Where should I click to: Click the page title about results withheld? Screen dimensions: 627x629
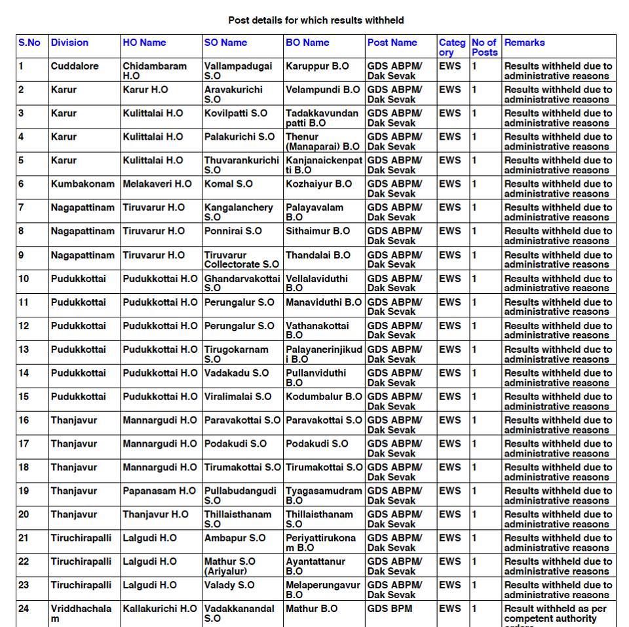pos(316,20)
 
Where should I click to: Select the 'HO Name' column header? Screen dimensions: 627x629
pos(144,43)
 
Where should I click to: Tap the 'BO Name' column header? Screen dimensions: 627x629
pos(307,43)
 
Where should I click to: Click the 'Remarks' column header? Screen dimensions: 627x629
pos(524,43)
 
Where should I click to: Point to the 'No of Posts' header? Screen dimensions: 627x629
pos(484,47)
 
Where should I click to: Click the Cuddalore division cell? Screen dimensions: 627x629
pos(75,66)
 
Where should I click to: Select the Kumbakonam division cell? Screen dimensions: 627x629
pos(82,184)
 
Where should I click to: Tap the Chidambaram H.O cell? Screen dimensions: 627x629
pos(154,71)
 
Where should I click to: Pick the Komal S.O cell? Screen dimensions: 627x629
pos(228,184)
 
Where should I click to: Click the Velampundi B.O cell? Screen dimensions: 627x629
pos(322,90)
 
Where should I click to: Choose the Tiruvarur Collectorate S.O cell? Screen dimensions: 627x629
pos(241,260)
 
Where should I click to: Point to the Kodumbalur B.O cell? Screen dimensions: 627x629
pos(324,397)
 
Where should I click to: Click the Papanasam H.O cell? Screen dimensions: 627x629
pos(159,491)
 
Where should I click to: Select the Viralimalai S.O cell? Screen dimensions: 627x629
pos(237,397)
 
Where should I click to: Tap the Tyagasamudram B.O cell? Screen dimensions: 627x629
pos(324,496)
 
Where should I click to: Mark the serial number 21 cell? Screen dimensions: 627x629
pos(24,538)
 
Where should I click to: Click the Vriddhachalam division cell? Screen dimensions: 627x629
pos(81,613)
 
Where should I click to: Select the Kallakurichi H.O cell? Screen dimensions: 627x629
pos(159,609)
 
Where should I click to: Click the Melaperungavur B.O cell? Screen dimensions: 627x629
pos(322,590)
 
